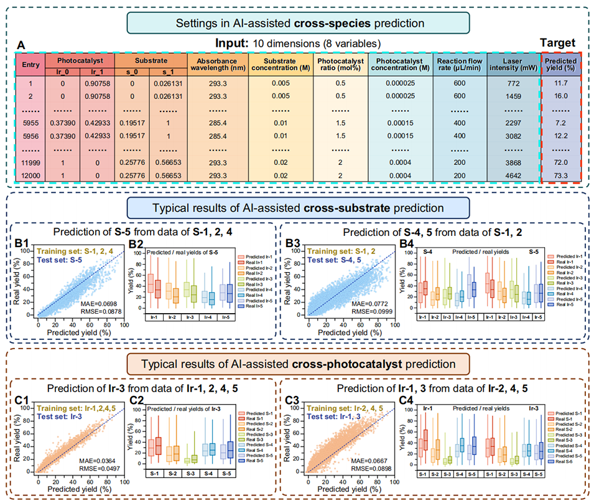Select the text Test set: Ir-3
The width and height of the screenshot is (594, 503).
click(63, 416)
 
